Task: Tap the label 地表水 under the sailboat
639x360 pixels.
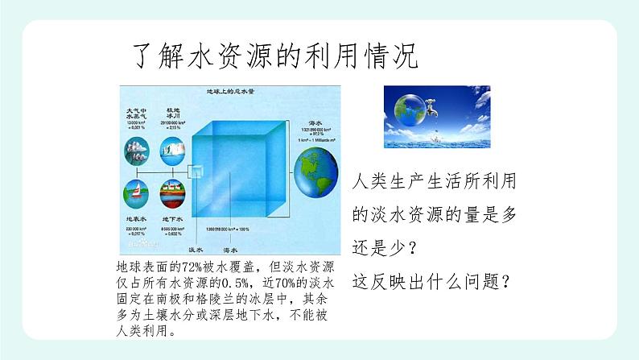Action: pyautogui.click(x=135, y=219)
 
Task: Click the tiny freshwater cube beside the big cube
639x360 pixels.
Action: pyautogui.click(x=196, y=172)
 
